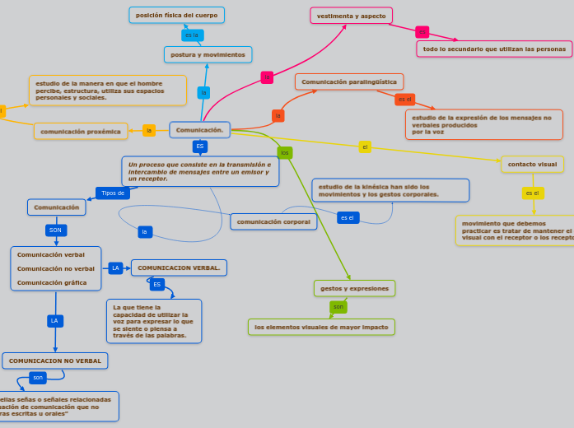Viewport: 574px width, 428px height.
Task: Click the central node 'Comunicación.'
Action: tap(199, 130)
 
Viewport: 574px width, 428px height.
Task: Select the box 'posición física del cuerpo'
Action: tap(176, 15)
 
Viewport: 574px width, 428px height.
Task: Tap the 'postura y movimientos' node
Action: tap(208, 54)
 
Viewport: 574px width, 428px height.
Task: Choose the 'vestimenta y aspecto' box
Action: tap(351, 16)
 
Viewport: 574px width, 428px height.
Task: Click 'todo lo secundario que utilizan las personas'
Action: tap(494, 49)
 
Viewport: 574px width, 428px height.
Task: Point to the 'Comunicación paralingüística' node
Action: tap(348, 81)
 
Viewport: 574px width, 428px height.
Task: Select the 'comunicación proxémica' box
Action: tap(81, 131)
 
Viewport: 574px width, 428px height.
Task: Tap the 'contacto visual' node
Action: tap(532, 165)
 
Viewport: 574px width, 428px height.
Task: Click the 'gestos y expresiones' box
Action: tap(354, 288)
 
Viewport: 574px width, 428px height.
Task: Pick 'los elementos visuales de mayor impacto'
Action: tap(321, 327)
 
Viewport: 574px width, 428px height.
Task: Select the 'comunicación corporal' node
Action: tap(273, 221)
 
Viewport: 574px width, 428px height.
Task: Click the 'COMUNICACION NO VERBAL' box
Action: tap(55, 361)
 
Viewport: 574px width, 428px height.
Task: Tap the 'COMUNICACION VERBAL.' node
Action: tap(179, 267)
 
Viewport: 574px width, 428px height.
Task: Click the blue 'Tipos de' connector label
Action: tap(113, 193)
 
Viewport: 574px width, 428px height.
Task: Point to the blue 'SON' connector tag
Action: tap(55, 230)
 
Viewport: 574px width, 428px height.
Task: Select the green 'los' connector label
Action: tap(285, 153)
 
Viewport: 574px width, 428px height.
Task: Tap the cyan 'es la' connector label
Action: tap(192, 35)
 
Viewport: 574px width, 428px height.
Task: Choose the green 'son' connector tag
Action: tap(338, 307)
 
